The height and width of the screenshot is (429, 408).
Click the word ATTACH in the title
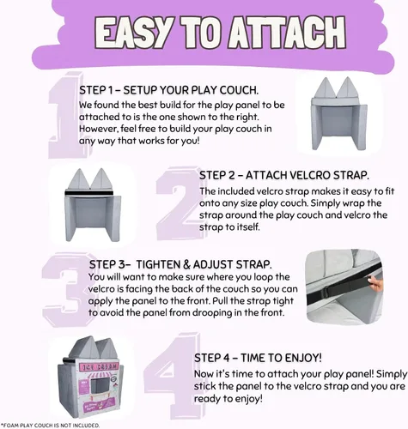pos(287,33)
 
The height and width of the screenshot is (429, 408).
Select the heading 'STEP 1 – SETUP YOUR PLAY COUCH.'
pos(169,90)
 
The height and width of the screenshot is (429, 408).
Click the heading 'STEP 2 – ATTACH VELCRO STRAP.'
pos(284,175)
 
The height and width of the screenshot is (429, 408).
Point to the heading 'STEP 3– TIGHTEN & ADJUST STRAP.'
pos(180,264)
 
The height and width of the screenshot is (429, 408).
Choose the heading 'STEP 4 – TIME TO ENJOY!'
pos(258,358)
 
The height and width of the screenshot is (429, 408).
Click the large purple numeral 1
pos(66,115)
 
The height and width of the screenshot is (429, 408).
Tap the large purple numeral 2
pos(179,203)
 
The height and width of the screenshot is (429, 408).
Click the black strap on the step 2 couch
pos(89,193)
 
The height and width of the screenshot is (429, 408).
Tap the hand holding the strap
pos(375,284)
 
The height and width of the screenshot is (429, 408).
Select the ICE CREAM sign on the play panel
pos(99,367)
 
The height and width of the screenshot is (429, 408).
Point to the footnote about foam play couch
pos(51,426)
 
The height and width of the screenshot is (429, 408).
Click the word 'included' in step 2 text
pos(237,191)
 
